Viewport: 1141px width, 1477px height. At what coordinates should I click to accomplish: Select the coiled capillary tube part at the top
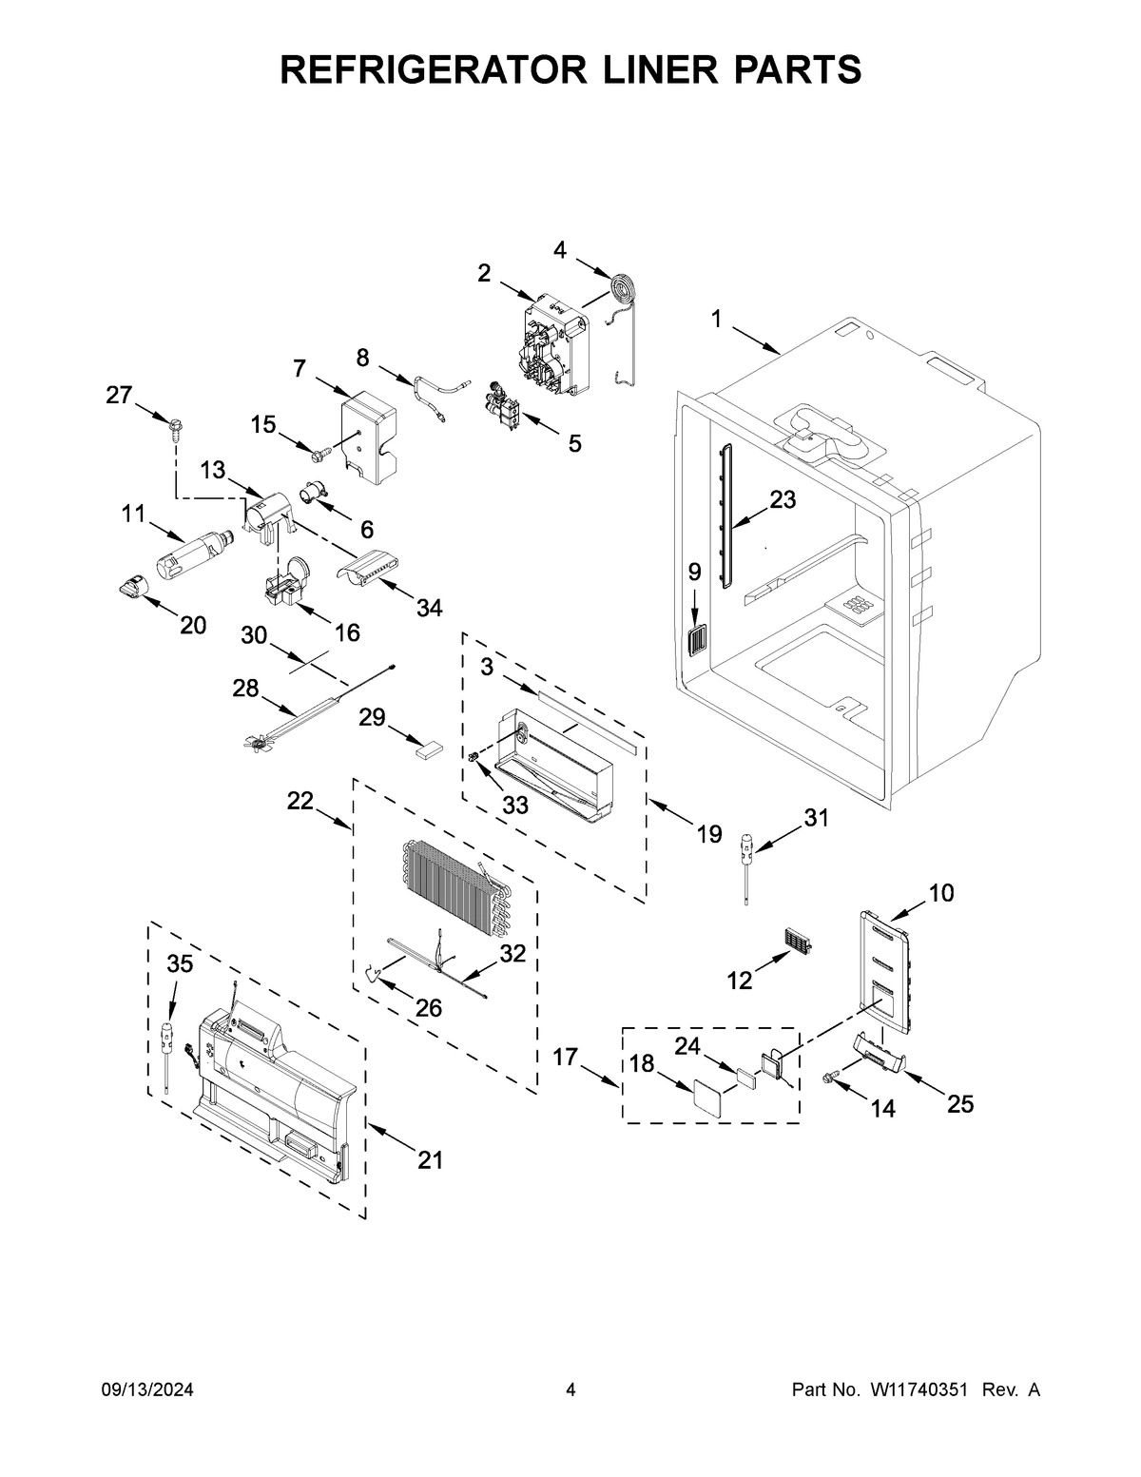pyautogui.click(x=623, y=288)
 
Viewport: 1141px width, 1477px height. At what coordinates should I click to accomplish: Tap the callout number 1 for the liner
pyautogui.click(x=716, y=321)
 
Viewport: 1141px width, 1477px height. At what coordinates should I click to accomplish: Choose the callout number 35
pyautogui.click(x=180, y=964)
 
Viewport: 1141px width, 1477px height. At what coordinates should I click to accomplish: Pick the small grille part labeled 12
pyautogui.click(x=802, y=942)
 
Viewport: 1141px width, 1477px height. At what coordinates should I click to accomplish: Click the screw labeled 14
pyautogui.click(x=830, y=1077)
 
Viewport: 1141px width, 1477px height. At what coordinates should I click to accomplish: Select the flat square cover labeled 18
pyautogui.click(x=705, y=1093)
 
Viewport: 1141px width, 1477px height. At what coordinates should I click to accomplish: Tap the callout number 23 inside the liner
pyautogui.click(x=782, y=499)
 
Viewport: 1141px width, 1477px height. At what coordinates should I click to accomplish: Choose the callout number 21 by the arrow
pyautogui.click(x=431, y=1160)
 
